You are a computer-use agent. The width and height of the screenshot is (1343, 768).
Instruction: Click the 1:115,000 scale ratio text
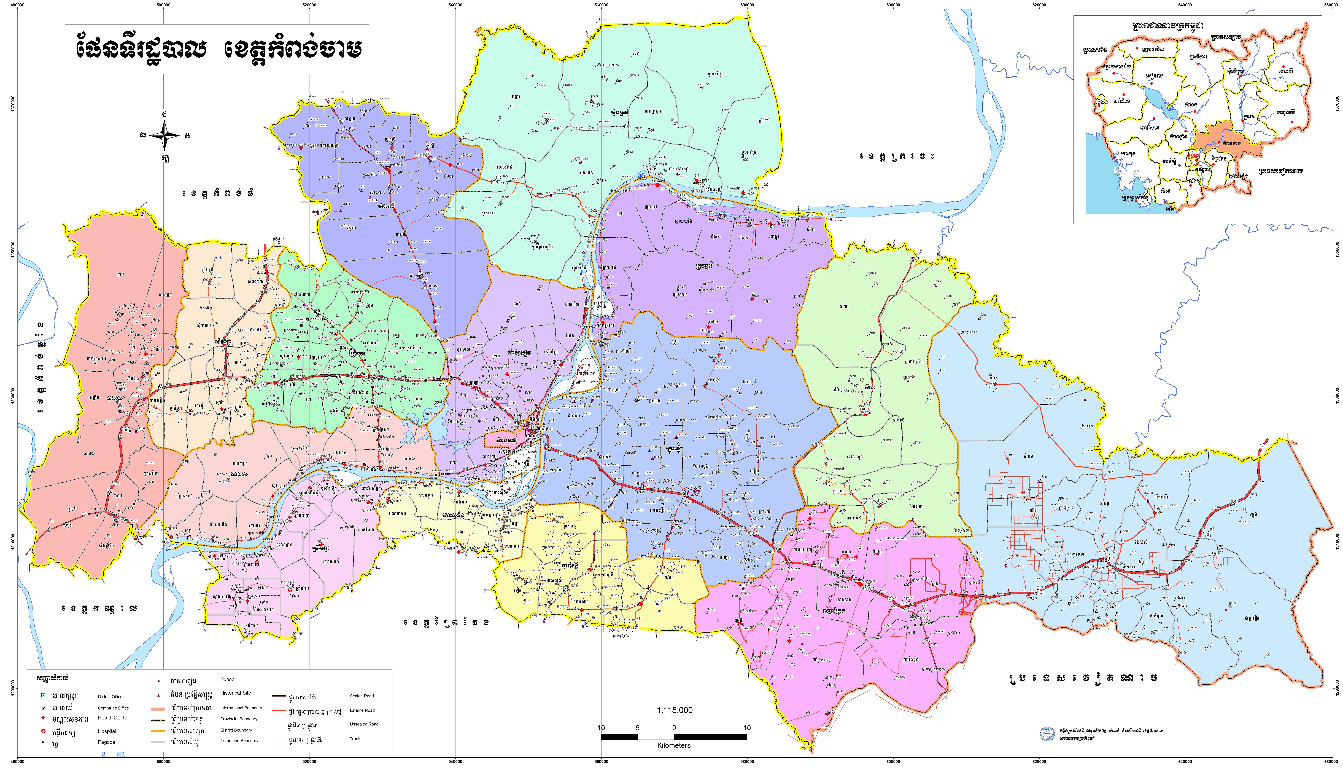point(674,710)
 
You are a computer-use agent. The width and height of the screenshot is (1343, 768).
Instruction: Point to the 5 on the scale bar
point(637,728)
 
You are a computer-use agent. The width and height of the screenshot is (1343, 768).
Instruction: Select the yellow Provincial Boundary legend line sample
point(158,719)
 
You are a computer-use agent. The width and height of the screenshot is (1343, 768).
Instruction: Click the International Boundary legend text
point(241,708)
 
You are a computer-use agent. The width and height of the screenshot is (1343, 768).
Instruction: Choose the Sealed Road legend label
point(362,696)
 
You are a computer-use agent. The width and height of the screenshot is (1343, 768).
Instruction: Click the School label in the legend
point(228,679)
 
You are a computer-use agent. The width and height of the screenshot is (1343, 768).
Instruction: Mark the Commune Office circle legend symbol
point(43,708)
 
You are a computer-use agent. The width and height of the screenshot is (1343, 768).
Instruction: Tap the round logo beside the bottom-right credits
point(1047,734)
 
